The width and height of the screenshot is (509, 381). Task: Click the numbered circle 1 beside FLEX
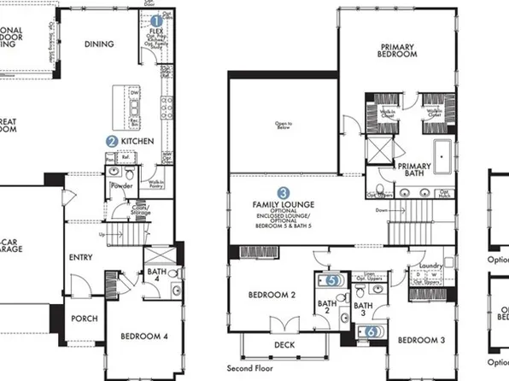(x=156, y=21)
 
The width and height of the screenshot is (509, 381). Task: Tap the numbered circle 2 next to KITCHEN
(x=112, y=141)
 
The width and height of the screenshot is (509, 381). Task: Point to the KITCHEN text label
(x=137, y=141)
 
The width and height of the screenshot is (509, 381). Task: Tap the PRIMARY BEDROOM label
(x=398, y=50)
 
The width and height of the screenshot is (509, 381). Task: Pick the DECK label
(x=284, y=346)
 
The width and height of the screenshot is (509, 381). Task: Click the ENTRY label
(x=80, y=256)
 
